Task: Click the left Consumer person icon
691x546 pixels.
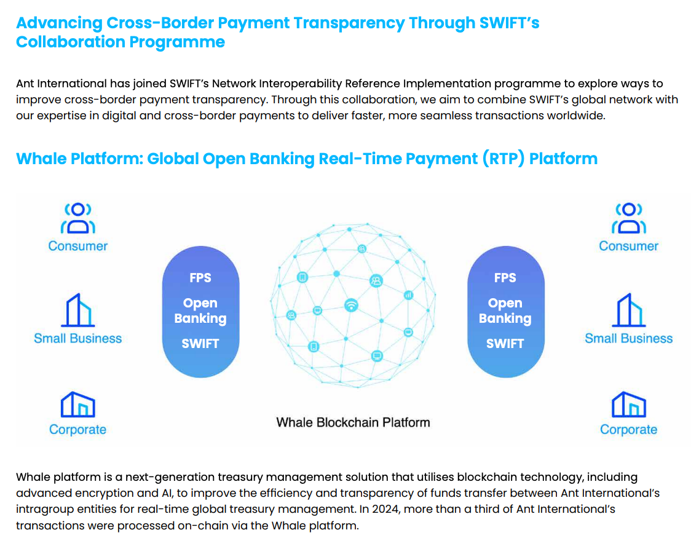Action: [78, 219]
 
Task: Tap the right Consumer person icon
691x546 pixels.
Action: [628, 219]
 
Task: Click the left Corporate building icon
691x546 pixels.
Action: [78, 404]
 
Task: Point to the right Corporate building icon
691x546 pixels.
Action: [628, 404]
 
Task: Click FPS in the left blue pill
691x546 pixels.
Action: [200, 278]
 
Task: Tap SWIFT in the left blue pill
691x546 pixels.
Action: [200, 344]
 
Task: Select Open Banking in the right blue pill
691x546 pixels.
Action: [505, 311]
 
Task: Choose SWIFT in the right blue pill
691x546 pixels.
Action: [505, 344]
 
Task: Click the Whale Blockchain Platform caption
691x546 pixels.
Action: [353, 422]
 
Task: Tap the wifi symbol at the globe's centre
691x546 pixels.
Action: [351, 305]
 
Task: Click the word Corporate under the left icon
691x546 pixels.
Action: [78, 430]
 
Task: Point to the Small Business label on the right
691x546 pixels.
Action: [628, 338]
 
